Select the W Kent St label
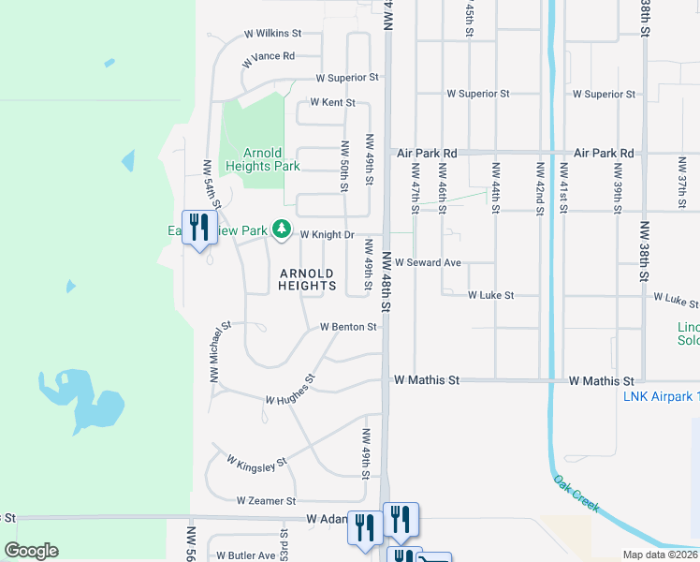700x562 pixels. click(x=333, y=102)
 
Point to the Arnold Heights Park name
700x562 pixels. click(x=263, y=159)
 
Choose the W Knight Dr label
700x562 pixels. click(x=327, y=235)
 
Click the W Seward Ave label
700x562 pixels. click(x=429, y=263)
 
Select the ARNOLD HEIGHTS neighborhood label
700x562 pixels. click(x=307, y=279)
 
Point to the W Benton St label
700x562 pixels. click(x=348, y=328)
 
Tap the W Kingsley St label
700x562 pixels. click(x=256, y=463)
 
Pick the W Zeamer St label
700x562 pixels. click(x=266, y=502)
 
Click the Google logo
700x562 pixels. click(x=31, y=551)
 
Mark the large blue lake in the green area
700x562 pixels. click(x=84, y=400)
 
